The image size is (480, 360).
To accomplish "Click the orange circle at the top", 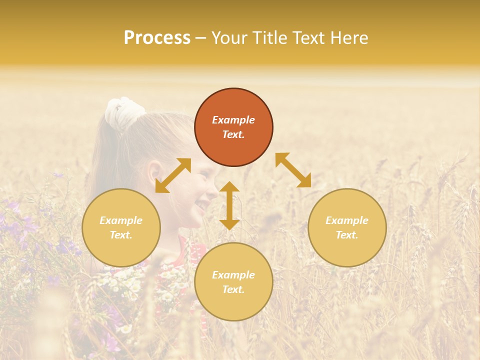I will pos(233,127).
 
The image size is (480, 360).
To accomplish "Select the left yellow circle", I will pos(121,227).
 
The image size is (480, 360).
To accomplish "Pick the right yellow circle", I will pos(347,227).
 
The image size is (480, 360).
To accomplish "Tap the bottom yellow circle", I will pos(233,282).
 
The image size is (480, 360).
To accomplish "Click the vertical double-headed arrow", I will pos(229,205).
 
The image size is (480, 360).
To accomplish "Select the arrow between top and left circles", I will pos(173,175).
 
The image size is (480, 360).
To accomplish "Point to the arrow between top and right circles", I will pos(293,170).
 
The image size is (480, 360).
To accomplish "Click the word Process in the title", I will pos(157,38).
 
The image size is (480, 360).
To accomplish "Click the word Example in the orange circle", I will pos(233,120).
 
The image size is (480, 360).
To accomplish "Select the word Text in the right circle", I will pos(347,235).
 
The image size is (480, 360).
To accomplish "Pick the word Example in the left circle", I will pos(121,220).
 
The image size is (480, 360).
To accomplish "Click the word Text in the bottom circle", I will pos(233,289).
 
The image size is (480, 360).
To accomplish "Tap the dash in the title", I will pos(201,38).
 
